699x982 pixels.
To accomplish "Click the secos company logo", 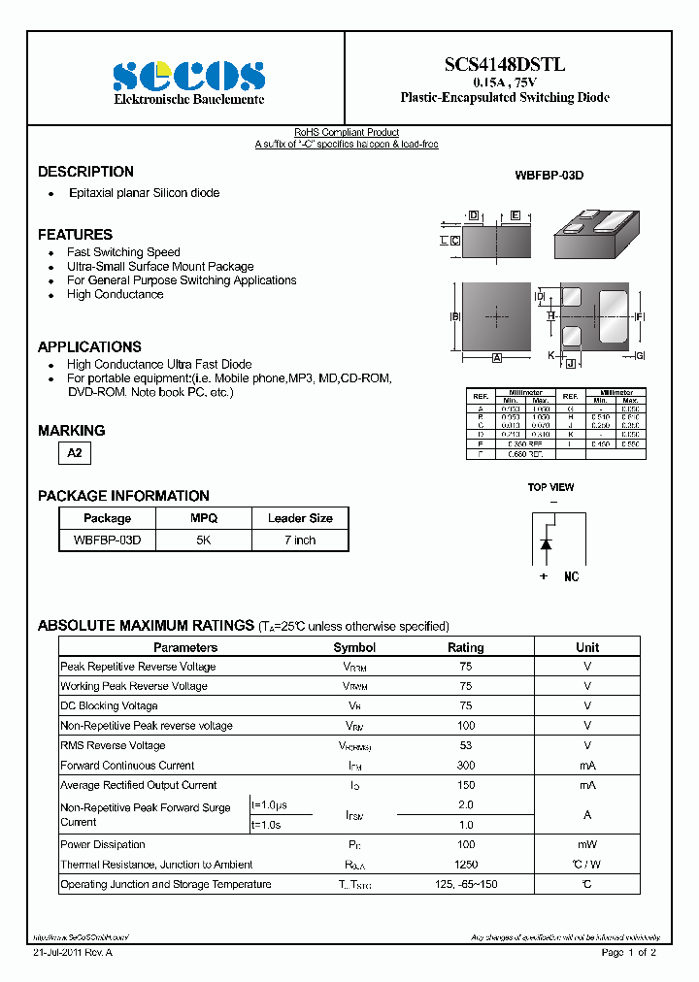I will [188, 76].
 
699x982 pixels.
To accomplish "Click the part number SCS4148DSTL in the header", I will [505, 65].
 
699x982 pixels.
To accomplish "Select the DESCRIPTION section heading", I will [85, 172].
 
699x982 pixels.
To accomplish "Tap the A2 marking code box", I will [75, 454].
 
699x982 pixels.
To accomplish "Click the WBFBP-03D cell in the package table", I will [107, 540].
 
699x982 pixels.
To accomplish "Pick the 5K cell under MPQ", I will [203, 540].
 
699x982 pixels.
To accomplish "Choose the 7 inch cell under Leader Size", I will [300, 540].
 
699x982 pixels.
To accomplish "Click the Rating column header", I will [465, 647].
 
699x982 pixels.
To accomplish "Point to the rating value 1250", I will [465, 865].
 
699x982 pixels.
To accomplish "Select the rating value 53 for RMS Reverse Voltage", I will [465, 745].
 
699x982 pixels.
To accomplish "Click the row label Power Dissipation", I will [103, 845].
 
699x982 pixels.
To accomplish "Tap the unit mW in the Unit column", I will [587, 845].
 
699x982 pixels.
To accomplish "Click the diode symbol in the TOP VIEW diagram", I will [546, 544].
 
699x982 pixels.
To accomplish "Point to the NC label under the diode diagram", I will [571, 576].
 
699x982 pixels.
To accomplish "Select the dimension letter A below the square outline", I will [496, 358].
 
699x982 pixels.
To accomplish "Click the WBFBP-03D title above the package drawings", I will [549, 176].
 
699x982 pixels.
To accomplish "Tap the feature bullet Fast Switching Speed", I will [123, 252].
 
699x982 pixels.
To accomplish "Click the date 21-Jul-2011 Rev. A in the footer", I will [73, 953].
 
